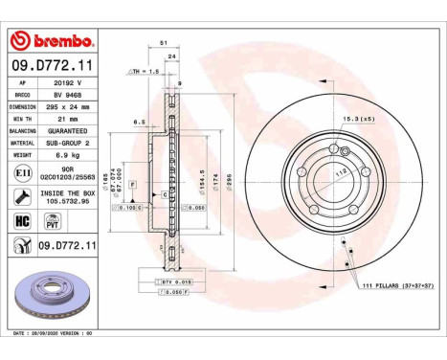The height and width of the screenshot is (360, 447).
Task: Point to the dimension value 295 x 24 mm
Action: tap(71, 108)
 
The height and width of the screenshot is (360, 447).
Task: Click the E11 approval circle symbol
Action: tap(22, 173)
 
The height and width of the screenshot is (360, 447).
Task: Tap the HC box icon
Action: tap(22, 219)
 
